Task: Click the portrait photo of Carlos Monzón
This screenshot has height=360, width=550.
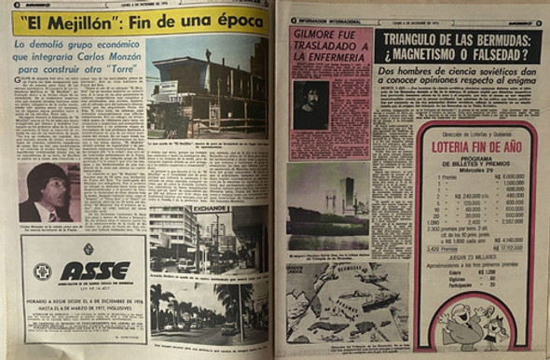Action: pyautogui.click(x=48, y=193)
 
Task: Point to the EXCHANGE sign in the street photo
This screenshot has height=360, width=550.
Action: pyautogui.click(x=214, y=210)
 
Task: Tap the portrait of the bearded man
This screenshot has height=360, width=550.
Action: pyautogui.click(x=312, y=104)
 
